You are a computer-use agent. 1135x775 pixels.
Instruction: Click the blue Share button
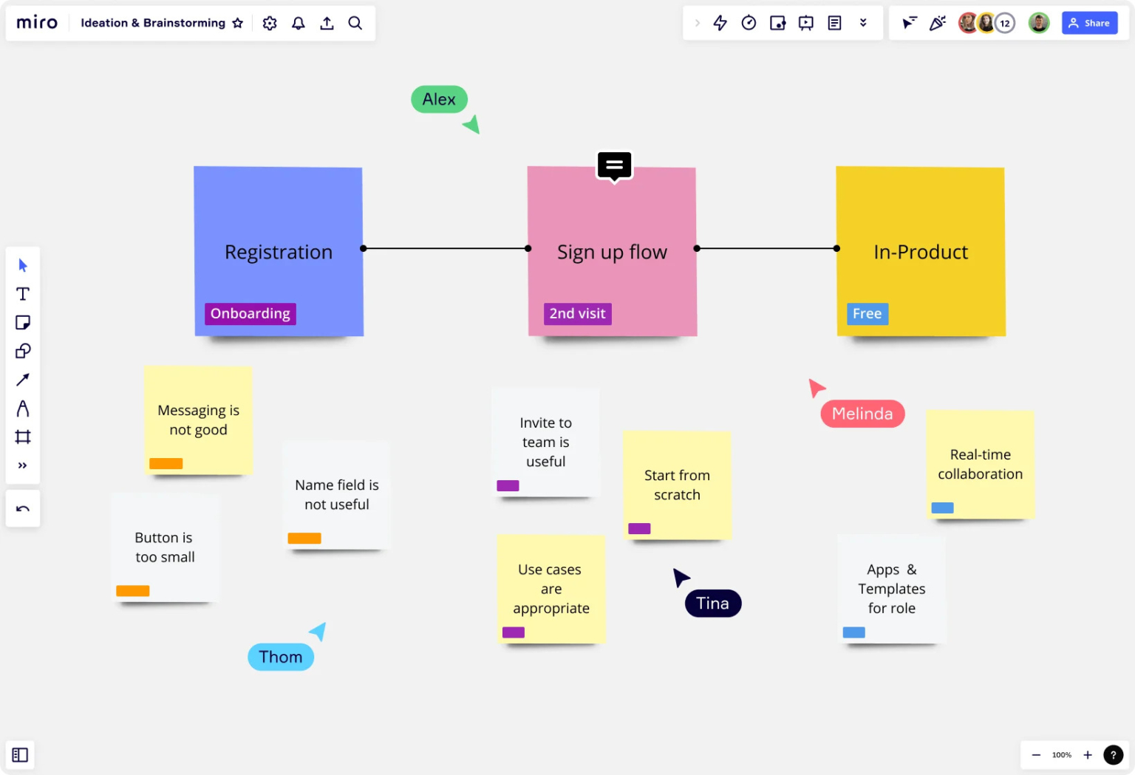tap(1089, 23)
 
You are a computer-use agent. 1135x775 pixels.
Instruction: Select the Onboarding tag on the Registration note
tap(250, 314)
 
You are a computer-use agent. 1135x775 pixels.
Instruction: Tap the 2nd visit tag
tap(577, 314)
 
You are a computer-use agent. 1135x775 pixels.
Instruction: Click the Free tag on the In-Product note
tap(867, 314)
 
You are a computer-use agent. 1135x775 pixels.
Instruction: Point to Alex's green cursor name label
tap(439, 99)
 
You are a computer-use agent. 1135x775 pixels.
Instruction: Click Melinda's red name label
tap(862, 414)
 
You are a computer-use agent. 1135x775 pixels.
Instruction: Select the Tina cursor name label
tap(712, 604)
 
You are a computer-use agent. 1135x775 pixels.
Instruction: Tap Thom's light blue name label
tap(281, 657)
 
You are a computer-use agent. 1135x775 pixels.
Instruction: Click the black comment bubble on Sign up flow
tap(614, 165)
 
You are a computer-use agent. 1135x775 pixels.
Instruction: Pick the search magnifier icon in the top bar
tap(355, 23)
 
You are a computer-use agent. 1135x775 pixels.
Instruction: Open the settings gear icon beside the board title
tap(270, 23)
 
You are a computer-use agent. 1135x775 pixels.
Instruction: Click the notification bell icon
tap(299, 23)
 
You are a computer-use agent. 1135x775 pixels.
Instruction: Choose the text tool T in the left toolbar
tap(23, 294)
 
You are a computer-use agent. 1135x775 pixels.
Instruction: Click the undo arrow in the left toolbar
tap(23, 508)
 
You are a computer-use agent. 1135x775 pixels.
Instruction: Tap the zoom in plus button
tap(1088, 755)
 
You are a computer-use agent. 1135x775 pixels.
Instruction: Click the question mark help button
tap(1113, 755)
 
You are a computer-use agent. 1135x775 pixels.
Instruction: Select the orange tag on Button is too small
tap(133, 591)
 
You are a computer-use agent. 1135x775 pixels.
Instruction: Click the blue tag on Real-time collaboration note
tap(942, 508)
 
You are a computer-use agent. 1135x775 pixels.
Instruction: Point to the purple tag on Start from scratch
tap(639, 529)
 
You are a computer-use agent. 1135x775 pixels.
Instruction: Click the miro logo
tap(37, 23)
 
